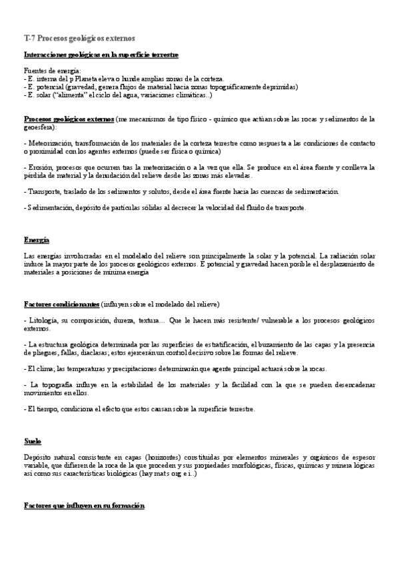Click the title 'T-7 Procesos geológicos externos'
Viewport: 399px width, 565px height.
[x=79, y=39]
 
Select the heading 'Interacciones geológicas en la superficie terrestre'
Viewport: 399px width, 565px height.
[x=101, y=54]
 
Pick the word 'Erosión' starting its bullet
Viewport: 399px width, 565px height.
[x=39, y=167]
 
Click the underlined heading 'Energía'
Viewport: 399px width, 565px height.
[x=36, y=239]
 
